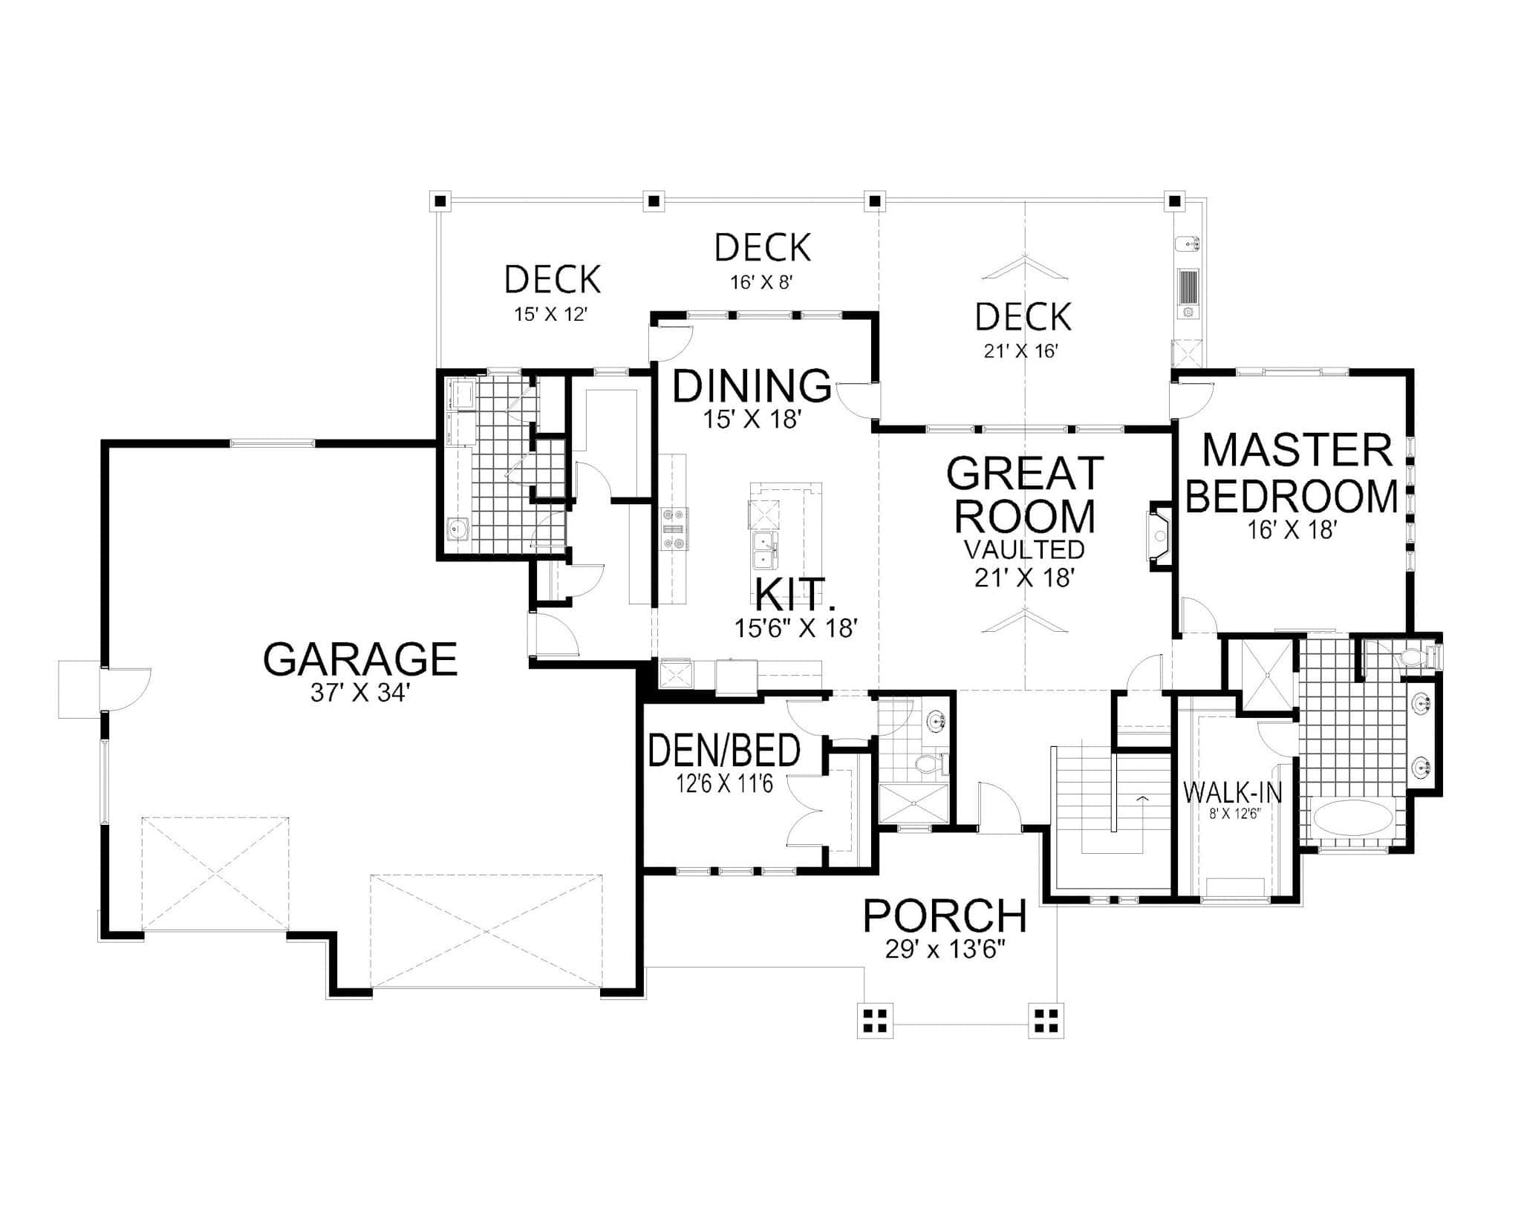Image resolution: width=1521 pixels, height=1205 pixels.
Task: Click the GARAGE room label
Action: (360, 659)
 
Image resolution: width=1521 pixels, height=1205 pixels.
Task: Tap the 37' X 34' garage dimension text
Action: (360, 693)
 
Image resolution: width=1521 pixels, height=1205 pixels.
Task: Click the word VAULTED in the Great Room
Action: (1024, 549)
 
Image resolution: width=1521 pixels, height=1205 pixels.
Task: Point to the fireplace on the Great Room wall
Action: (1159, 536)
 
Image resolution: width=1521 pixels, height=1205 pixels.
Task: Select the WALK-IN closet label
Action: (1232, 792)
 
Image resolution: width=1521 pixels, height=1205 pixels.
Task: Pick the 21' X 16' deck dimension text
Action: (1020, 351)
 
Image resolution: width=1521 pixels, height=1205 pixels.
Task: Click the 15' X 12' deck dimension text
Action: (551, 314)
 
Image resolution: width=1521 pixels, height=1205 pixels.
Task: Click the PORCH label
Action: (945, 915)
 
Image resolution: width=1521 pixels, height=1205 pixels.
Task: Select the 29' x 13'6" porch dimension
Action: (945, 950)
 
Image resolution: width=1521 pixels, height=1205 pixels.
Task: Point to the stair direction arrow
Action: (1141, 798)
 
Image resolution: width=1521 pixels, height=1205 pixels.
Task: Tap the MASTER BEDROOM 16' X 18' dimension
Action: (1293, 529)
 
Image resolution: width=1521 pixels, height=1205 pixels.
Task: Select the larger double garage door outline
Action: (486, 931)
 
